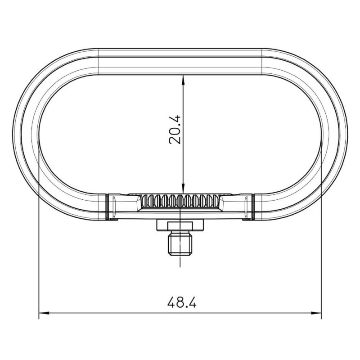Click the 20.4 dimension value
point(175,130)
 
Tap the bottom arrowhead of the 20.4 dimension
point(183,189)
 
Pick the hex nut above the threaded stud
point(180,225)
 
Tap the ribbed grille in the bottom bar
point(180,201)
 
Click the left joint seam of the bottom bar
point(107,207)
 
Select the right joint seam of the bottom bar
point(253,207)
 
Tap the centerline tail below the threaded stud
point(180,262)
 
